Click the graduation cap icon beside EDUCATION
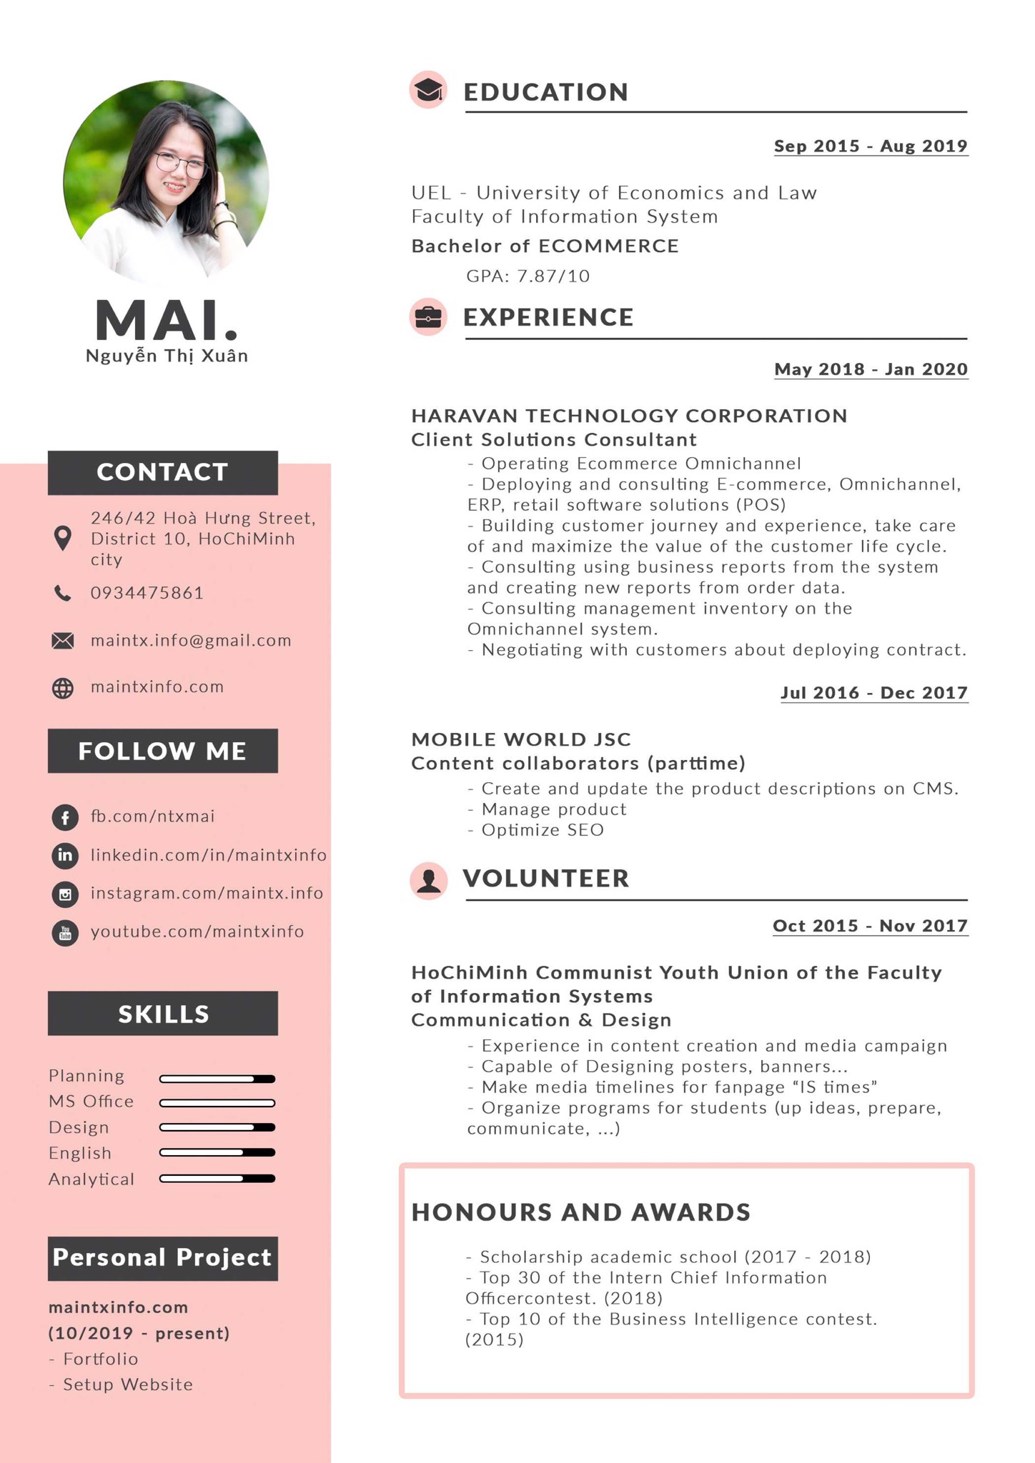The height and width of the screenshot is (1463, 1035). tap(428, 91)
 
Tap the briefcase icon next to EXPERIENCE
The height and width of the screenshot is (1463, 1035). tap(428, 316)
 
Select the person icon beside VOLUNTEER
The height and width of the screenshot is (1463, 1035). tap(429, 879)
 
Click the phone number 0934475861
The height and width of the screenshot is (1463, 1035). tap(147, 593)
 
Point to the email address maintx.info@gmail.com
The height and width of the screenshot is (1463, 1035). tap(191, 640)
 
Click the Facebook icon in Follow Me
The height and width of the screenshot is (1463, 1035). tap(65, 817)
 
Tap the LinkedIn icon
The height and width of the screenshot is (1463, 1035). tap(65, 855)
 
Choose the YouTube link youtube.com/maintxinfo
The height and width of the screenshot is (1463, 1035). tap(197, 932)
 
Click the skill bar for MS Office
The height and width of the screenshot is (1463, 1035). tap(217, 1103)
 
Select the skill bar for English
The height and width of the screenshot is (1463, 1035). tap(217, 1152)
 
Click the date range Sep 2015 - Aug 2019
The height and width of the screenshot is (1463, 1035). tap(871, 146)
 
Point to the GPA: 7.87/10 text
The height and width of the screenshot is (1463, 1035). tap(528, 276)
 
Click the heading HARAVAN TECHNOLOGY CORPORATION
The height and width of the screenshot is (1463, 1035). tap(629, 416)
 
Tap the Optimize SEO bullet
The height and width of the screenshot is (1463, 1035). tap(542, 830)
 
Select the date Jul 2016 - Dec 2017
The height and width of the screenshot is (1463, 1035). tap(874, 693)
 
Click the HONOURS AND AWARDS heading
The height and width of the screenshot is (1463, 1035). tap(581, 1212)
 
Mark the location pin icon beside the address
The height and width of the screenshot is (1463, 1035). tap(63, 538)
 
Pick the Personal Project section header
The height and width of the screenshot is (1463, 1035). tap(163, 1258)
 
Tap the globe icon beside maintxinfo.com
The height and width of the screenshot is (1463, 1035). tap(63, 688)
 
